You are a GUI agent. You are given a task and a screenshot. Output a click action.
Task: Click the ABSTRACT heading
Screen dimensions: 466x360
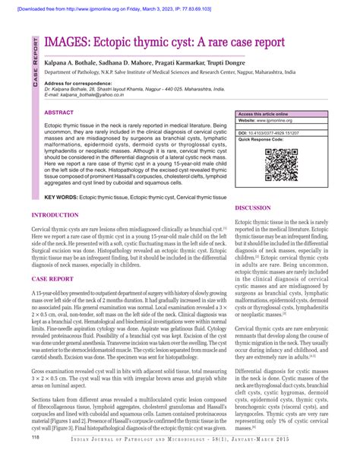point(60,112)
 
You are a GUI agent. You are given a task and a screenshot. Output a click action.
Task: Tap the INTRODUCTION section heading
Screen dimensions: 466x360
point(55,216)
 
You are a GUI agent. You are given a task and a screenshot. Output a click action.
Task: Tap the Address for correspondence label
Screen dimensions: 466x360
point(79,81)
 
